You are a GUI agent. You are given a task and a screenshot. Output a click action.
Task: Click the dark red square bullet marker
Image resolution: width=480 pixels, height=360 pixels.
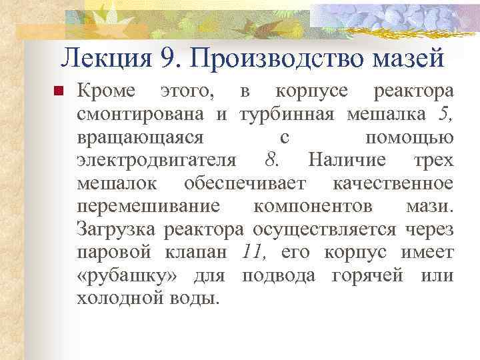click(57, 91)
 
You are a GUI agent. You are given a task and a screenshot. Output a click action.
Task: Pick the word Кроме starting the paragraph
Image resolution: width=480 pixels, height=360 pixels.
click(106, 91)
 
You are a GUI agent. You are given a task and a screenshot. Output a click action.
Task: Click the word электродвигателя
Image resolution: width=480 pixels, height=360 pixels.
click(156, 161)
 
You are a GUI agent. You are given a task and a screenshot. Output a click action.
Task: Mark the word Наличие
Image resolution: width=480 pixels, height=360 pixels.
click(347, 161)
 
